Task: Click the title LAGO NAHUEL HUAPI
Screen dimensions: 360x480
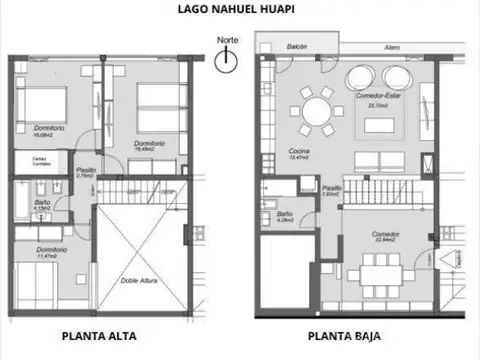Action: point(239,10)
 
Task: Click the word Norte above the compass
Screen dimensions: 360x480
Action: point(228,41)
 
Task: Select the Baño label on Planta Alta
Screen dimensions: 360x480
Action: point(42,204)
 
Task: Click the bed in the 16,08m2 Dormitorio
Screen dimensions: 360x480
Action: point(40,105)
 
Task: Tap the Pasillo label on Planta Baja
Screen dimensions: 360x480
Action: point(331,188)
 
